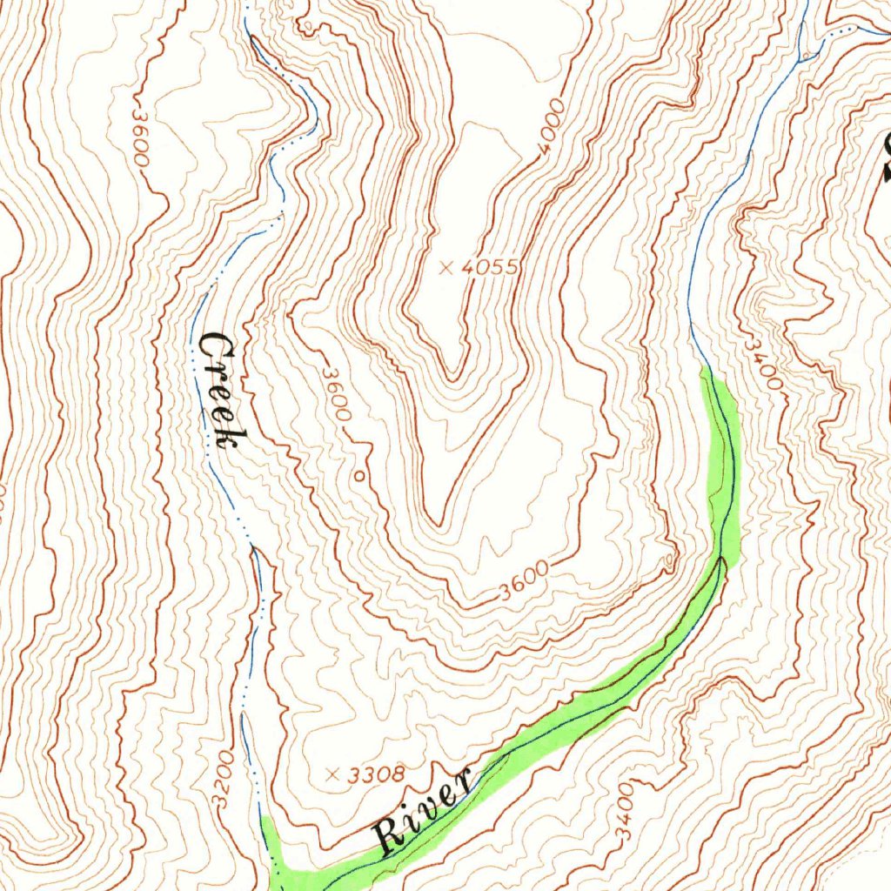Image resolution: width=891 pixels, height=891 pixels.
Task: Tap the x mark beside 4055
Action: click(x=446, y=267)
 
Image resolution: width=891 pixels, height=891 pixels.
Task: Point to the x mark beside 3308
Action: click(x=332, y=774)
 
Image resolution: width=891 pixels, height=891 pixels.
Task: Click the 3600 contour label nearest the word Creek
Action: click(x=337, y=395)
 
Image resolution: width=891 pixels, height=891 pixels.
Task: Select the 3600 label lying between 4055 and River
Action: click(x=525, y=581)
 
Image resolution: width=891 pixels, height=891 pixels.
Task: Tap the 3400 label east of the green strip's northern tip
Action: click(x=764, y=362)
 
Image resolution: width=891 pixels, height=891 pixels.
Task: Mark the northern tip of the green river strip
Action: click(x=704, y=369)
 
